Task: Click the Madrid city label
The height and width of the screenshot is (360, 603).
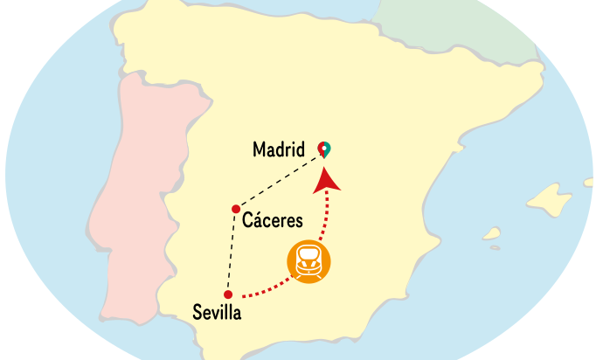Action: pyautogui.click(x=278, y=149)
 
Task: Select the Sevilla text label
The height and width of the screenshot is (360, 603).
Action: pyautogui.click(x=216, y=312)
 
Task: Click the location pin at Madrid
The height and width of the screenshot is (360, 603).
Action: pyautogui.click(x=324, y=149)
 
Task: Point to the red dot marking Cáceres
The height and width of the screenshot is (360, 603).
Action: pyautogui.click(x=235, y=209)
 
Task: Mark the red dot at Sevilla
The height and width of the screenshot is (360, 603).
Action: pyautogui.click(x=227, y=294)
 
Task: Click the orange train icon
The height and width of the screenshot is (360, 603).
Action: pyautogui.click(x=309, y=260)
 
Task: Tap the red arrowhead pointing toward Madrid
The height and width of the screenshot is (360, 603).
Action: pyautogui.click(x=327, y=178)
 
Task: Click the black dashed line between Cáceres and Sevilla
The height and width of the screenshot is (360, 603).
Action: pyautogui.click(x=231, y=253)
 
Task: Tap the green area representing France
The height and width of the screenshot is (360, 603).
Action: pyautogui.click(x=463, y=26)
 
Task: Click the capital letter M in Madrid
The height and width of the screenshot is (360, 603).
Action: pyautogui.click(x=260, y=149)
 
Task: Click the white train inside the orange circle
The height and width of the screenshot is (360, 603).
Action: pyautogui.click(x=309, y=261)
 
